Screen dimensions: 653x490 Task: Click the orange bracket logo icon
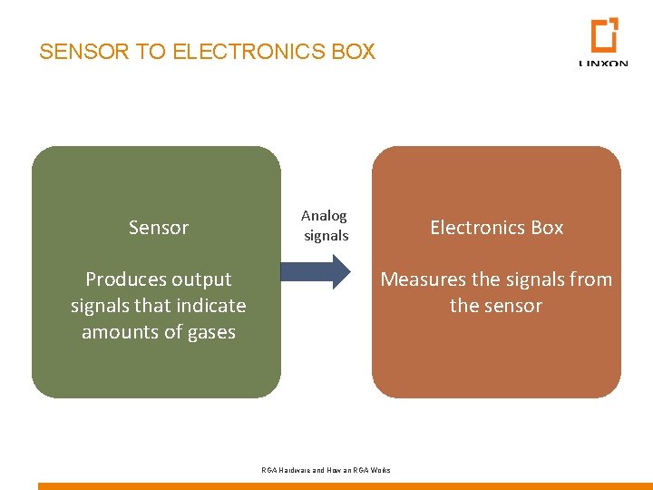point(604,35)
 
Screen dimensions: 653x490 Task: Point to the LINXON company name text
point(603,64)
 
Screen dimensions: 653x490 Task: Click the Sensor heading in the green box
point(159,228)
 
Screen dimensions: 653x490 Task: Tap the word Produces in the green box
point(122,279)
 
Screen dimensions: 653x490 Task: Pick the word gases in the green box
point(211,332)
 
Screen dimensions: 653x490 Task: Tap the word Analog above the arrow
point(324,216)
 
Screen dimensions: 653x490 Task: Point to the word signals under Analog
point(326,236)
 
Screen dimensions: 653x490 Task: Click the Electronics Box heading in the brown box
point(496,228)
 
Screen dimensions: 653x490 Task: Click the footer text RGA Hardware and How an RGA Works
point(326,470)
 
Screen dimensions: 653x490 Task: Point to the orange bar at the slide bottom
point(345,485)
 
